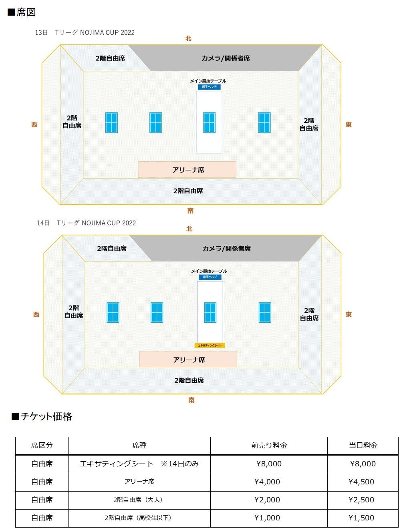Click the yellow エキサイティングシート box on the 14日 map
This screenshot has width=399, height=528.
(210, 345)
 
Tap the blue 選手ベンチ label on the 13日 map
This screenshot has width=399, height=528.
(209, 87)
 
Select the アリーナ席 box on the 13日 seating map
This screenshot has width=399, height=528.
(187, 169)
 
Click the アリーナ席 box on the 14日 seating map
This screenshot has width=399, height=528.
(188, 359)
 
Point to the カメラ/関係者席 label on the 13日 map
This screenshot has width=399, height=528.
(226, 58)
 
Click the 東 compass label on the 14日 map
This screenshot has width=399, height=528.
(349, 315)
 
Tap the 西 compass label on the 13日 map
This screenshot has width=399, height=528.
(34, 125)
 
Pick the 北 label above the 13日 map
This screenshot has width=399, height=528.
(188, 38)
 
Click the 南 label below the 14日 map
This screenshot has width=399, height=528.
(191, 400)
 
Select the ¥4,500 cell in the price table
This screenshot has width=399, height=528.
(362, 482)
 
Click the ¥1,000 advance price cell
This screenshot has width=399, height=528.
(268, 518)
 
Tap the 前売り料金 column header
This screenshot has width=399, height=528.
(269, 446)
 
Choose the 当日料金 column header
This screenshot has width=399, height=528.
(363, 446)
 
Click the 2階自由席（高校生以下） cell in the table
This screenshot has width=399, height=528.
(139, 518)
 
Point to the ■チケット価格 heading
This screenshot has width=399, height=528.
(42, 417)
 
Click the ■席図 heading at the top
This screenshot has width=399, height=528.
(22, 12)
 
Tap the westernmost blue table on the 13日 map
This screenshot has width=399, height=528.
(111, 122)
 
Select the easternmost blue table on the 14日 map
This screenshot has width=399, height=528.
(265, 313)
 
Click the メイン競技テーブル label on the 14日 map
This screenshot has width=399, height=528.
(209, 271)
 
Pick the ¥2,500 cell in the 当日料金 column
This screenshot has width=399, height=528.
(362, 500)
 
